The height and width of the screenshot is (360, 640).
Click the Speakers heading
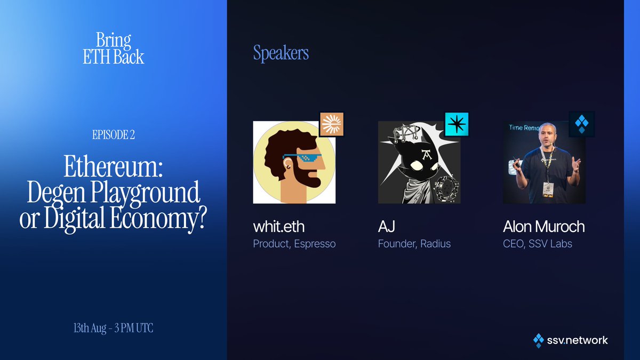(x=281, y=53)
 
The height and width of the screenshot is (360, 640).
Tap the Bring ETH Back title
(x=114, y=49)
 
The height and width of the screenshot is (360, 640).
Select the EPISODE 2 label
(x=114, y=135)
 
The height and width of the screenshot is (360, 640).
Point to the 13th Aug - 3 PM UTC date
(x=114, y=329)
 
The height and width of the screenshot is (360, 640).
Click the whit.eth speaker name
(x=279, y=227)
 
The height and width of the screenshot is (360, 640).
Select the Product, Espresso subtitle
(x=294, y=244)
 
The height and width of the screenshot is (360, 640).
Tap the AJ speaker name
(x=386, y=227)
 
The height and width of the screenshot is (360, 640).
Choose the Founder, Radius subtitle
(x=414, y=244)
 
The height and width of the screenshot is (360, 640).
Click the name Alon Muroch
(x=543, y=227)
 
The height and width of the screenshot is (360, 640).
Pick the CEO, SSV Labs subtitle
(x=538, y=244)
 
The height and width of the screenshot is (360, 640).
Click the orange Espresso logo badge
(x=331, y=125)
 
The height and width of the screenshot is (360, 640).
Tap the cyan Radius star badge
(x=457, y=125)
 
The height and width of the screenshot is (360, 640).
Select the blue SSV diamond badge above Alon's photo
(x=581, y=125)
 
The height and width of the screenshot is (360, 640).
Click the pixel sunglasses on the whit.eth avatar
(x=301, y=159)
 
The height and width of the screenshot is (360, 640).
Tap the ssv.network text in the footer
(x=577, y=340)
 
